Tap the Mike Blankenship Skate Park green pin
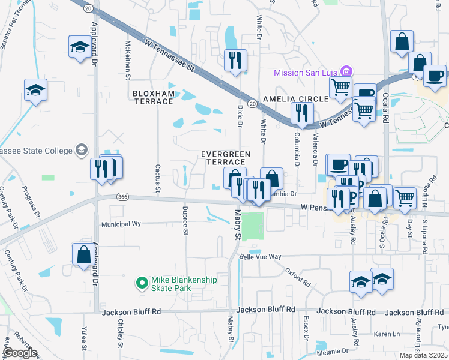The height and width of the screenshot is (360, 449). (142, 281)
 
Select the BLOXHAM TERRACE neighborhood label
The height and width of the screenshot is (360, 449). (152, 98)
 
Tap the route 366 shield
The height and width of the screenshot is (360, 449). (123, 197)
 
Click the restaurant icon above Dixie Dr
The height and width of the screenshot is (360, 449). (235, 60)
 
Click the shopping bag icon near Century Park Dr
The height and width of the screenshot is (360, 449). (83, 254)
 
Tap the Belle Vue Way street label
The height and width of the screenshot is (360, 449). (260, 256)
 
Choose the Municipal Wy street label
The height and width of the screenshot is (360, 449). (121, 223)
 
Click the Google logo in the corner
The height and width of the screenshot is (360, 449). (20, 353)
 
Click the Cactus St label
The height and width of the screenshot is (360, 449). (158, 179)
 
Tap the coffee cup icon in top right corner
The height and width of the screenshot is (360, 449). (435, 76)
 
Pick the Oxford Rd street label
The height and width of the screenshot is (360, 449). (297, 277)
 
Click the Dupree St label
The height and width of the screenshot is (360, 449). (185, 220)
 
